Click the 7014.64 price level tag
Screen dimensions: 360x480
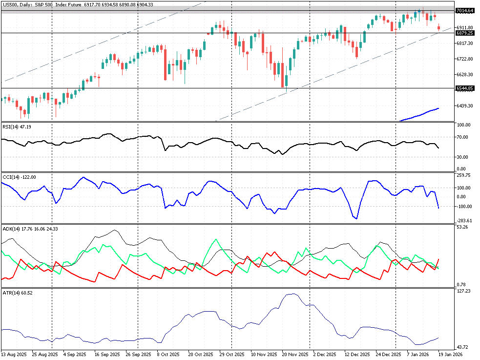(464, 11)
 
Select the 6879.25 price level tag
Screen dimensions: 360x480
(464, 33)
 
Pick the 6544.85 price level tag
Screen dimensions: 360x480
(464, 88)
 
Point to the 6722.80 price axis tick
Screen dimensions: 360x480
(464, 59)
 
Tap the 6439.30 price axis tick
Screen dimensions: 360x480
(464, 106)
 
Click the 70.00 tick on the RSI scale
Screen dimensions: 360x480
(463, 137)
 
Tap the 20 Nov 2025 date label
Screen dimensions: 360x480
(294, 354)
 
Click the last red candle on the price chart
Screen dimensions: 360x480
(438, 27)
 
